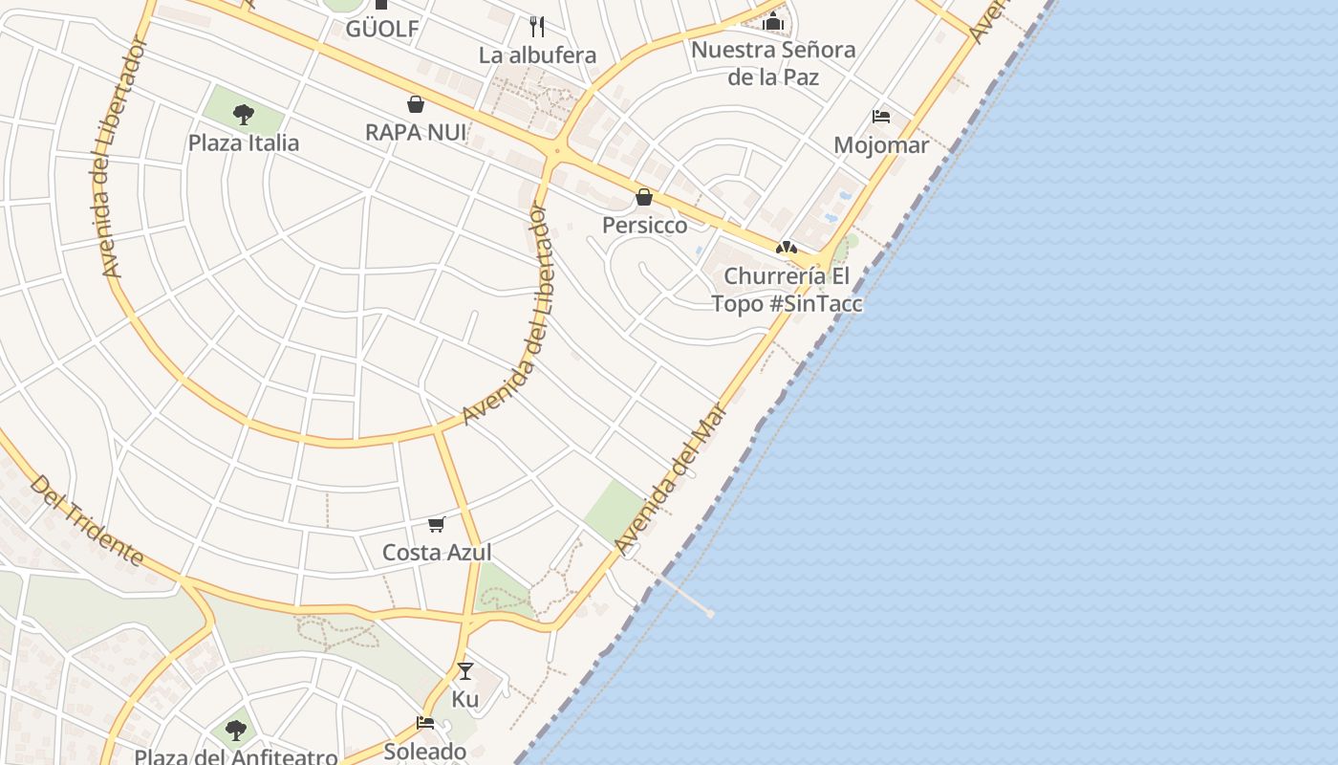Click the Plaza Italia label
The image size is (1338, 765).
[x=243, y=143]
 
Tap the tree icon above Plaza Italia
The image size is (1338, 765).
[x=244, y=115]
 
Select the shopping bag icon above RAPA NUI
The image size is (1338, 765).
[x=416, y=103]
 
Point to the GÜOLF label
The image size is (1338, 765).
[x=382, y=29]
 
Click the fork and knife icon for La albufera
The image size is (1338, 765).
[x=537, y=25]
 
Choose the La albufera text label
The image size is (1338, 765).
[x=537, y=55]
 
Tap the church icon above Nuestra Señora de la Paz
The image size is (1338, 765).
[x=773, y=21]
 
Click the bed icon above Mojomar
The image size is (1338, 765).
[x=881, y=117]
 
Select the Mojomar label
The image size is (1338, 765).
[x=881, y=145]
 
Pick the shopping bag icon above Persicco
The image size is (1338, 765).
[x=644, y=197]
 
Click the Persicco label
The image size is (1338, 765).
[x=644, y=226]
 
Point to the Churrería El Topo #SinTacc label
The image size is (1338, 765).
[x=787, y=290]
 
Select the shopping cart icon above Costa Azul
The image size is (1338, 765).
[x=437, y=524]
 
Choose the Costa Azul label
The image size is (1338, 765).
[x=437, y=553]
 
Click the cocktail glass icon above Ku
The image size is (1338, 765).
[x=465, y=670]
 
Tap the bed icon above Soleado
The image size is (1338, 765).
[x=425, y=723]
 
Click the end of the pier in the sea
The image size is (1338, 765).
[x=710, y=613]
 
